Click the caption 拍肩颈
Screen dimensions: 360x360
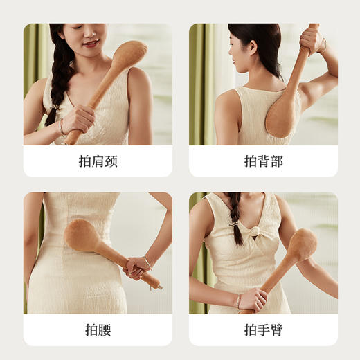pos(98,161)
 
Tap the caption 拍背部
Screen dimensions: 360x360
pos(264,161)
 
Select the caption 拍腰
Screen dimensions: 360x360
pos(98,330)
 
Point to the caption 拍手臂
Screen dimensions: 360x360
pos(264,330)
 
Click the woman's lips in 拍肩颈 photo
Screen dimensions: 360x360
pos(91,44)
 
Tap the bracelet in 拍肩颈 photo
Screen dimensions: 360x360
pos(62,127)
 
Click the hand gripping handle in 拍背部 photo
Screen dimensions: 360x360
pos(310,40)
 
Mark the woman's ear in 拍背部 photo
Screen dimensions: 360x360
pos(253,46)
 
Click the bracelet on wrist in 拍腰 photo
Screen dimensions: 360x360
pos(147,262)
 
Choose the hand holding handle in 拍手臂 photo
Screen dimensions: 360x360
pos(252,300)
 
